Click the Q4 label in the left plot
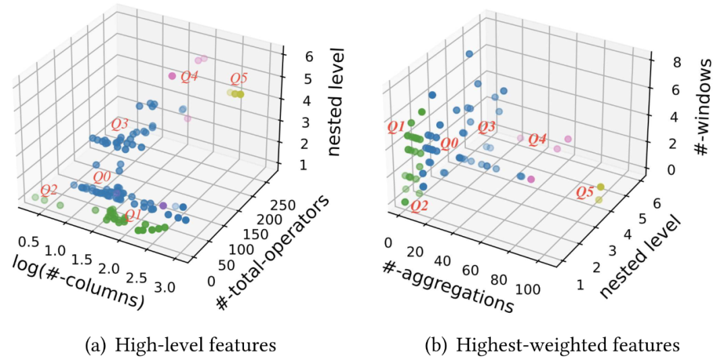(189, 77)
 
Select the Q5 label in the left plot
(239, 78)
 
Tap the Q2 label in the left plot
(50, 189)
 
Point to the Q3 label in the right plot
(487, 127)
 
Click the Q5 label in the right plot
(586, 193)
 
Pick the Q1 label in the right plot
(396, 127)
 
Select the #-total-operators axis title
(273, 254)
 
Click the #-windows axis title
(704, 108)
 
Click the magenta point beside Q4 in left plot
(173, 76)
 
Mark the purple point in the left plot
(163, 204)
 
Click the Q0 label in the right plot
(449, 143)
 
